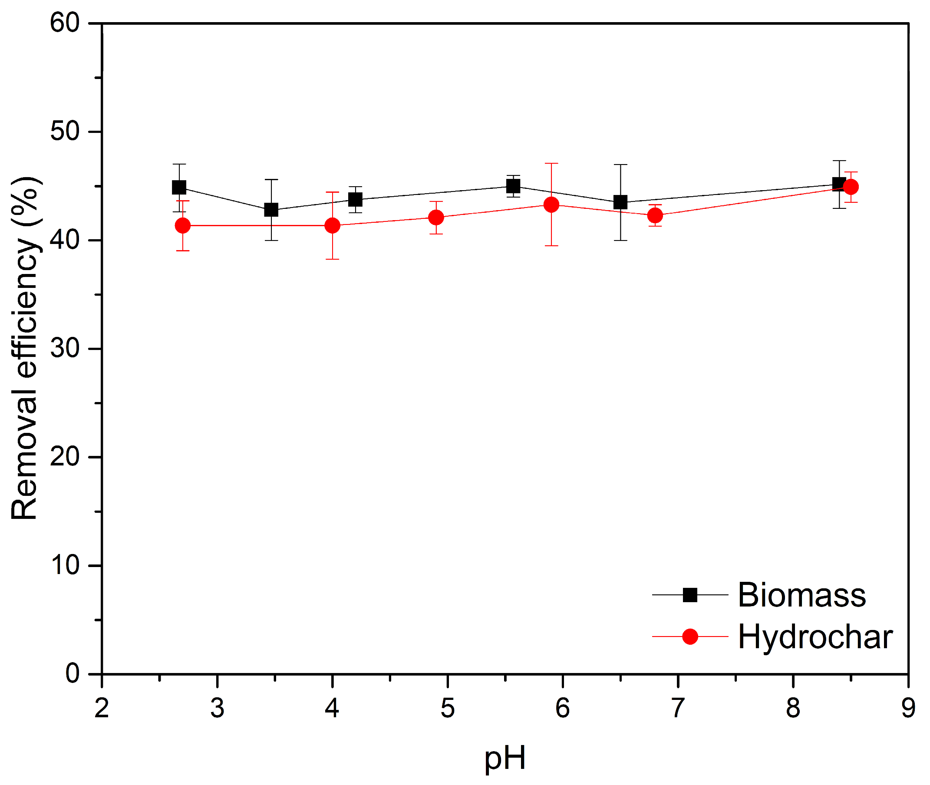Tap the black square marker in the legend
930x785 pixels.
tap(690, 594)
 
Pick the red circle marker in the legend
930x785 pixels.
tap(690, 637)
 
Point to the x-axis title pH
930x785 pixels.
tap(505, 759)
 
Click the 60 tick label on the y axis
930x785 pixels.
tap(65, 23)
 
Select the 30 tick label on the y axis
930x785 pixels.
tap(65, 349)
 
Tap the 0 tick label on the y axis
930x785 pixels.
tap(73, 674)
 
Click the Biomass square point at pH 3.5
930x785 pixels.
tap(271, 210)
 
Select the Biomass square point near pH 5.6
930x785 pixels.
tap(513, 186)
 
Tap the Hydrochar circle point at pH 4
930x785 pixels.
tap(333, 226)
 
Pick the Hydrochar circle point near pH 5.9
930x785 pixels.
tap(551, 204)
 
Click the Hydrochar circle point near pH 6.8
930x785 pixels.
tap(655, 215)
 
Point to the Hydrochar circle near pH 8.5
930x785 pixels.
tap(851, 187)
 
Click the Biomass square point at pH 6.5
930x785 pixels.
tap(620, 202)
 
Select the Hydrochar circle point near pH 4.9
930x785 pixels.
tap(436, 217)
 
